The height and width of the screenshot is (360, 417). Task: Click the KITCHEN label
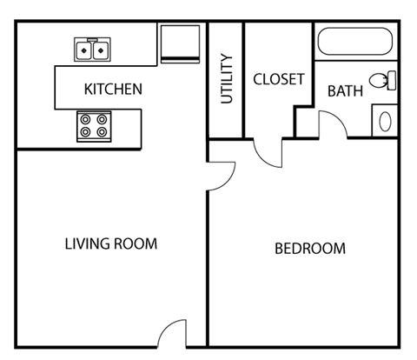tap(113, 89)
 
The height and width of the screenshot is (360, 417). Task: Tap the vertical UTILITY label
tap(226, 79)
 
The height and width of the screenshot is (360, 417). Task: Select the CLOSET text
tap(278, 79)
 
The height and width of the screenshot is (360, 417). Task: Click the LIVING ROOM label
tap(111, 243)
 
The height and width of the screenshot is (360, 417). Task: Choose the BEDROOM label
tap(309, 249)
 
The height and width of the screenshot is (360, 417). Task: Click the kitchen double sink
tap(94, 50)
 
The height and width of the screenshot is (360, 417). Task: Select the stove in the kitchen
tap(94, 126)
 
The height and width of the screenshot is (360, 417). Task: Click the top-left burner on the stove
tap(86, 119)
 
